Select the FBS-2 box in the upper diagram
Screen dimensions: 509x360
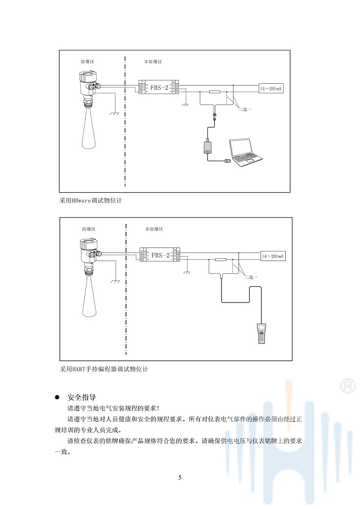click(x=159, y=87)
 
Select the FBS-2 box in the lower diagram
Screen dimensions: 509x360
click(x=160, y=255)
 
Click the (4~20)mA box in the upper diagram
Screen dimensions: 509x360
click(x=271, y=89)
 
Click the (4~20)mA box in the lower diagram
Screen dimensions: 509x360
click(x=274, y=256)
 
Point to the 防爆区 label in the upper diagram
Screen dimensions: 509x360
click(x=87, y=62)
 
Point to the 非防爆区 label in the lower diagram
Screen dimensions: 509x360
click(x=154, y=229)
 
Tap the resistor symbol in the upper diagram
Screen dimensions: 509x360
click(x=215, y=92)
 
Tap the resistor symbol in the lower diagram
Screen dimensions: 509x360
click(x=220, y=260)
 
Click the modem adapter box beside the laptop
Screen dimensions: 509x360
click(x=207, y=147)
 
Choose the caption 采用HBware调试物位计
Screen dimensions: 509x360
click(x=90, y=201)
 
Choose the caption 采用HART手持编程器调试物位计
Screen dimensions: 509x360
click(x=104, y=369)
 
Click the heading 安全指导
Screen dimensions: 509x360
click(x=81, y=397)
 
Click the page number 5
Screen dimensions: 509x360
click(x=180, y=477)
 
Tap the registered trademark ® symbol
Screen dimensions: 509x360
click(x=346, y=386)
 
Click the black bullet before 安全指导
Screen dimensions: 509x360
click(x=57, y=398)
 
